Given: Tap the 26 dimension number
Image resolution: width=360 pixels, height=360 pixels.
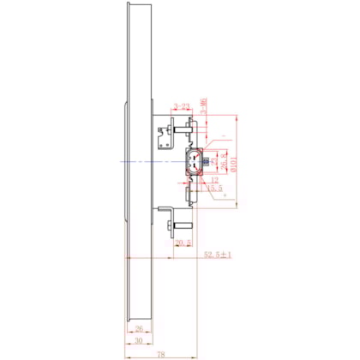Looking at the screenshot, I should pyautogui.click(x=137, y=327).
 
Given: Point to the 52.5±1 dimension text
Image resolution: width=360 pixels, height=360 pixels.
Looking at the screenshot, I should pyautogui.click(x=218, y=255).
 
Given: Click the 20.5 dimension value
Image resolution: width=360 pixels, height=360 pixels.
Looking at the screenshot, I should pyautogui.click(x=182, y=243).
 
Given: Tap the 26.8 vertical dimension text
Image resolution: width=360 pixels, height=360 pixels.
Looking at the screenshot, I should pyautogui.click(x=224, y=161).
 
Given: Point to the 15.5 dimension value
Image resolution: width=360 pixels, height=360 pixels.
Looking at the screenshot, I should pyautogui.click(x=215, y=188).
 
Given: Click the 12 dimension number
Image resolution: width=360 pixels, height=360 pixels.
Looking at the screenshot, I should pyautogui.click(x=213, y=180).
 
